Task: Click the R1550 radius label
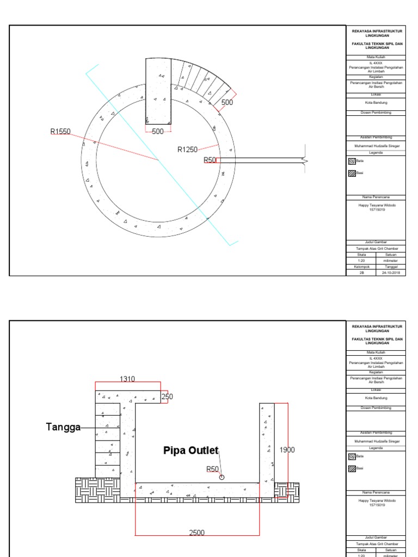[x=60, y=131]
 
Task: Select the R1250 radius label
[x=187, y=150]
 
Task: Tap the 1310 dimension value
[x=127, y=379]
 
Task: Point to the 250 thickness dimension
[x=167, y=397]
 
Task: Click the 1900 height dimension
[x=287, y=450]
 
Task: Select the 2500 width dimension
[x=196, y=533]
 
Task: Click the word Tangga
[x=63, y=428]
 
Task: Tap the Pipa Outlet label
[x=191, y=450]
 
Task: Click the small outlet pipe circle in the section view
[x=222, y=478]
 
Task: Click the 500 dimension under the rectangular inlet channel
[x=158, y=132]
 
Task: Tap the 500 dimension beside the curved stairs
[x=227, y=102]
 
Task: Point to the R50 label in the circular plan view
[x=210, y=160]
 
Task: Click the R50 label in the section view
[x=212, y=469]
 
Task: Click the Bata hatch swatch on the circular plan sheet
[x=352, y=162]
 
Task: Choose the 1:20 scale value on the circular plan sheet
[x=361, y=261]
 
